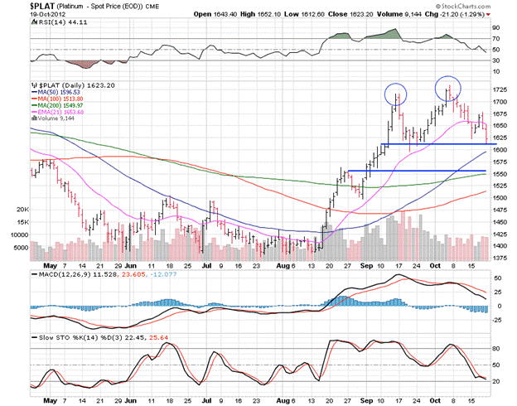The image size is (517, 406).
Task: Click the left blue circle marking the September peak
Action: pos(395,94)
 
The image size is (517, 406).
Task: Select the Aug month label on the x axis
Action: pos(285,266)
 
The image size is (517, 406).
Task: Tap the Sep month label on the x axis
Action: pos(366,266)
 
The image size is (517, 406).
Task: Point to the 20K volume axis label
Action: pos(22,210)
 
